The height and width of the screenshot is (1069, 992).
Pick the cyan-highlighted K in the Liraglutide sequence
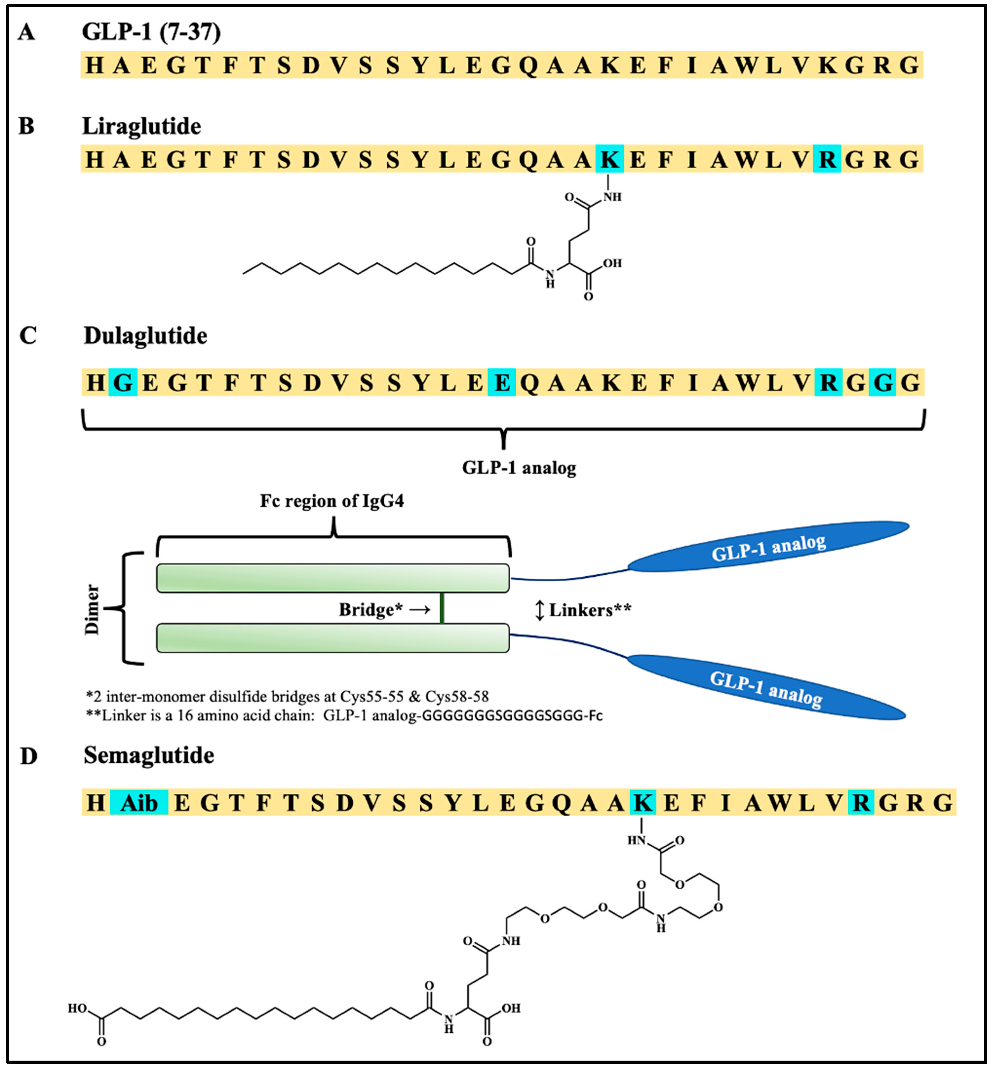point(610,159)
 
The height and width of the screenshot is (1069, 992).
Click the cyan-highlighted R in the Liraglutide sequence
point(827,159)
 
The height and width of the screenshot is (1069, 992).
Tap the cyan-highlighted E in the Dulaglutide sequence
point(501,382)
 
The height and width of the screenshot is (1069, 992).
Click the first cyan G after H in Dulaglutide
point(123,382)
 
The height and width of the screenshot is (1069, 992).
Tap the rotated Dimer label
point(92,609)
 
